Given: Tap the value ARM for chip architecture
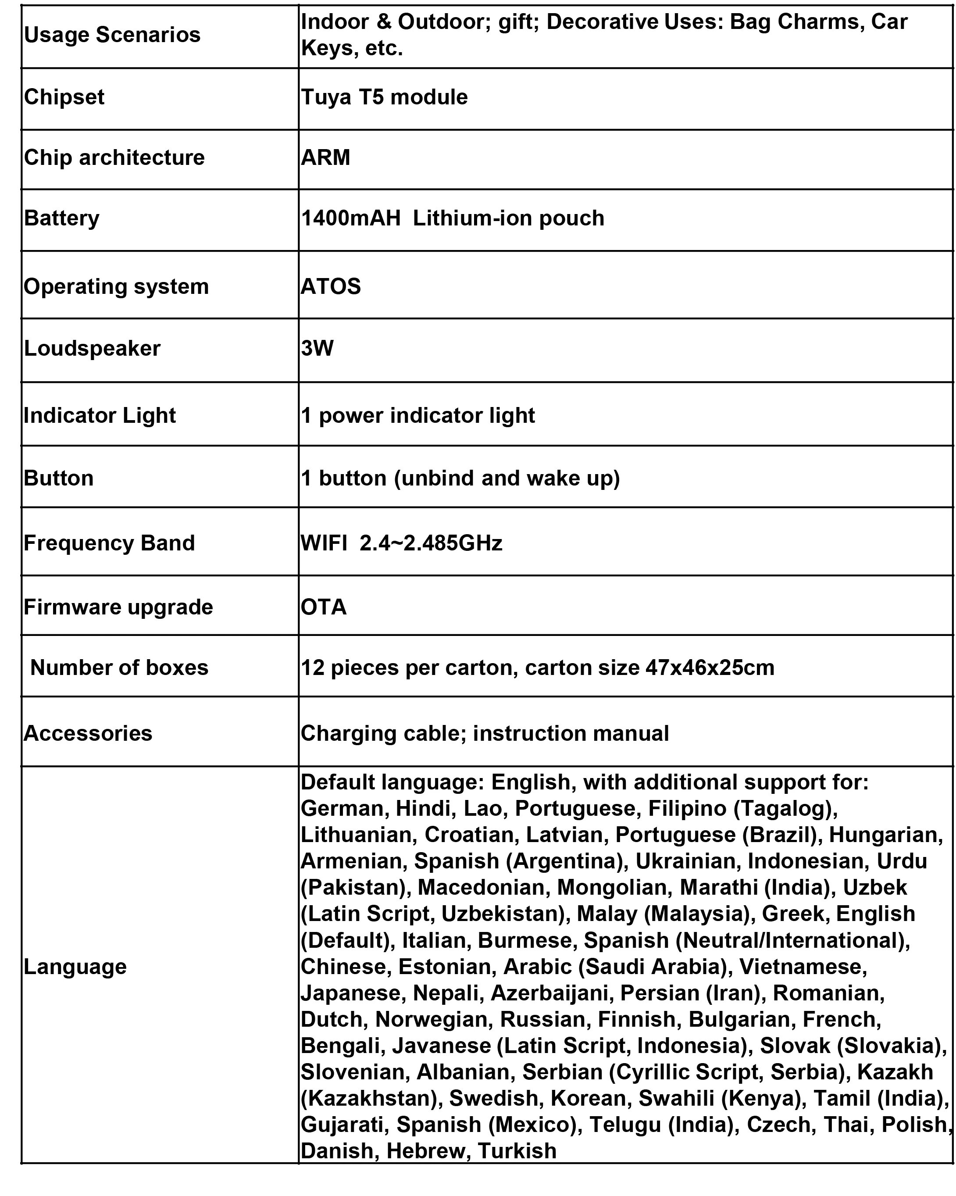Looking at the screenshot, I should [x=325, y=157].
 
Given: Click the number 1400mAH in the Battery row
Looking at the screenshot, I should [x=350, y=218].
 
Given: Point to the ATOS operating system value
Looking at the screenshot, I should [x=331, y=287].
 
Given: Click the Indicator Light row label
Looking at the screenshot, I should [x=100, y=415].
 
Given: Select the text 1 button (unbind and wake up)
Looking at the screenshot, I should [x=460, y=478].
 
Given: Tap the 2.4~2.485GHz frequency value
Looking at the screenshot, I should [x=431, y=543].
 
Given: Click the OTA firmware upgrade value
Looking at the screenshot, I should [x=324, y=607].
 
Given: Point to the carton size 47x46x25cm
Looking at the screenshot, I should [x=710, y=668].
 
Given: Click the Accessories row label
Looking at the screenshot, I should [x=88, y=733].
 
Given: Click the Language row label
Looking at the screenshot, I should [x=75, y=966].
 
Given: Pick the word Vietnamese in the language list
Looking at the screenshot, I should [x=803, y=966].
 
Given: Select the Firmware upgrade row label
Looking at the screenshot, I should [x=118, y=607].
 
